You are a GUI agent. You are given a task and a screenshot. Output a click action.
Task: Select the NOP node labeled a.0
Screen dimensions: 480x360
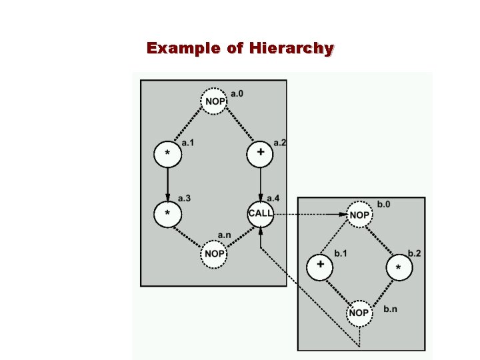tap(214, 101)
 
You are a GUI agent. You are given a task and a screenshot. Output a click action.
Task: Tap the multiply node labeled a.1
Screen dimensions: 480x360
tap(167, 155)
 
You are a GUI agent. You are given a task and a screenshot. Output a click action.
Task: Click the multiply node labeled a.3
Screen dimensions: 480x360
tap(167, 213)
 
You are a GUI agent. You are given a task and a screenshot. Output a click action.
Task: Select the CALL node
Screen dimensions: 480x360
tap(260, 213)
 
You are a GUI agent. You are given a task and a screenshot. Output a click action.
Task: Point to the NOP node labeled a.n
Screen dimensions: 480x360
tap(214, 253)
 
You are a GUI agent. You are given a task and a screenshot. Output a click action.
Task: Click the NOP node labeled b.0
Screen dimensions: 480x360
tap(359, 215)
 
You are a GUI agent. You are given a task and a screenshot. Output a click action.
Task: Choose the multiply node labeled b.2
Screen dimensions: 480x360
tap(399, 267)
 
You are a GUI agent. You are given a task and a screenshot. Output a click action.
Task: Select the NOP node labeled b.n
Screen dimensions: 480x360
tap(359, 313)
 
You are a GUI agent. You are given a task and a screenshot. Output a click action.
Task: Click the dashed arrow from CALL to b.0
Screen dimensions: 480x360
tap(310, 215)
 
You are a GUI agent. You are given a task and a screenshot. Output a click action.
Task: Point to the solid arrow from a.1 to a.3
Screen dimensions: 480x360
tap(167, 184)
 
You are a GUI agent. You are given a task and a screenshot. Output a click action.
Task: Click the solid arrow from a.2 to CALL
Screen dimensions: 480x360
tap(260, 183)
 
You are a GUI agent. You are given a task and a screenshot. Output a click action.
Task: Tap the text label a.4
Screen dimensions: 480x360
tap(273, 198)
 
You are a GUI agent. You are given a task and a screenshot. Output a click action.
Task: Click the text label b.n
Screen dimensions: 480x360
tap(391, 309)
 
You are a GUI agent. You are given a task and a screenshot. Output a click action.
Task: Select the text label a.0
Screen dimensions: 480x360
tap(237, 93)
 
